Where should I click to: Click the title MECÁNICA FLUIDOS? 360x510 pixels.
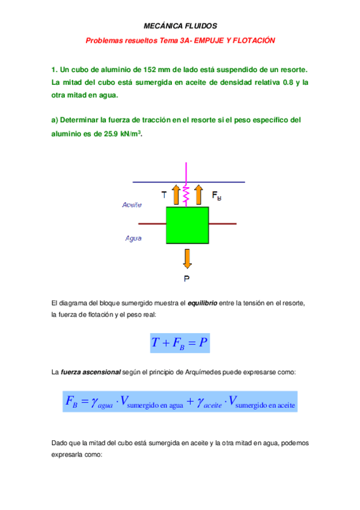tap(180, 26)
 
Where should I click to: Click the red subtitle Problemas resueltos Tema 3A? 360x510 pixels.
tap(180, 40)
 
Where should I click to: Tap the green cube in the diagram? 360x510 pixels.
tap(187, 225)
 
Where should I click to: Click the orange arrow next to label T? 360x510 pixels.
tap(175, 195)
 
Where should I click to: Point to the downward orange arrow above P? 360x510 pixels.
tap(187, 258)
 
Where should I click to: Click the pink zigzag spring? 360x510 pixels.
tap(187, 194)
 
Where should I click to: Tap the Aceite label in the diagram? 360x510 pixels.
tap(132, 205)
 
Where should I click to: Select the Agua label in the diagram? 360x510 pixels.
tap(133, 238)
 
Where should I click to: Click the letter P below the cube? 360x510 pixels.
tap(187, 278)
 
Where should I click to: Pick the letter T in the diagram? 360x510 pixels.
tap(164, 195)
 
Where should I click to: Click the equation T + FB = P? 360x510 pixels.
tap(180, 343)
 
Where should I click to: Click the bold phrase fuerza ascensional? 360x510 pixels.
tap(90, 373)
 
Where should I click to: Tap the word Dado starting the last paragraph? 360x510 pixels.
tap(59, 443)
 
